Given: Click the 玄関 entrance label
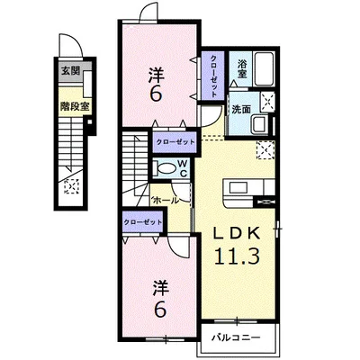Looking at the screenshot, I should tap(69, 68).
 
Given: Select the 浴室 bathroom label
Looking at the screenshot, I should tap(243, 65).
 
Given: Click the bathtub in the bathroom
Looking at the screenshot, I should tap(265, 69).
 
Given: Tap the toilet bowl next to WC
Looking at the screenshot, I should tap(166, 167).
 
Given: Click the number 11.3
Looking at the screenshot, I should tap(237, 256).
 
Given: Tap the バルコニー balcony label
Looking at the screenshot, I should tap(237, 337).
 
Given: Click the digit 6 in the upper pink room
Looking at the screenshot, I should tap(156, 94).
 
